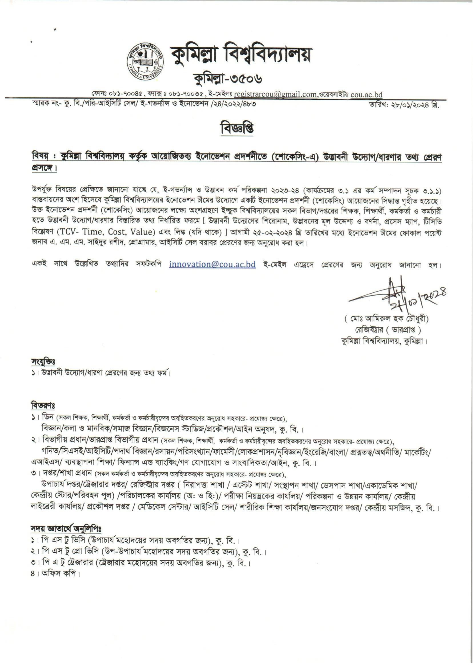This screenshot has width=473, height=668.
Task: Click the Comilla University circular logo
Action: tap(145, 62)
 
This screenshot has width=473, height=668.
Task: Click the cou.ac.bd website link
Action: tap(367, 94)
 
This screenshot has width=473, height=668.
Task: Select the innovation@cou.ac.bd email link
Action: tap(212, 264)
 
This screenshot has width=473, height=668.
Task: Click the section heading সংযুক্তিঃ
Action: tap(43, 362)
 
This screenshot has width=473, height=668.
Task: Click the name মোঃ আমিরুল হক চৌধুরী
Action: tap(387, 319)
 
